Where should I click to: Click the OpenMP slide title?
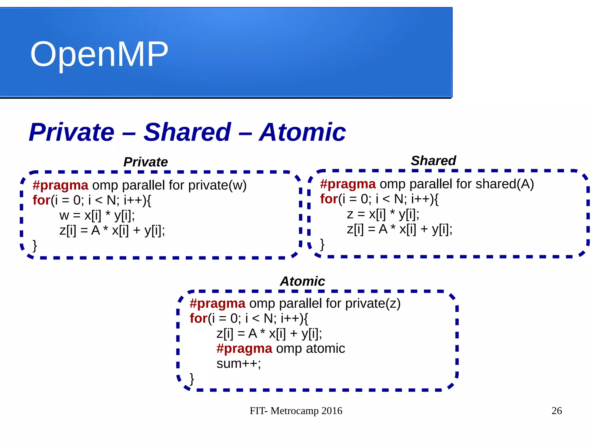[99, 54]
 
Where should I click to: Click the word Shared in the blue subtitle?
[187, 132]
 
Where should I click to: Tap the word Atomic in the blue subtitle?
[302, 132]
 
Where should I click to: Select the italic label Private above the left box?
[145, 162]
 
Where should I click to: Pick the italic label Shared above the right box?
[433, 161]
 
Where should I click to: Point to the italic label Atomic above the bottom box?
[302, 281]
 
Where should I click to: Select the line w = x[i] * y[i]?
[97, 215]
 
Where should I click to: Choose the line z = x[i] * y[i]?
[383, 214]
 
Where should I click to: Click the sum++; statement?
[238, 364]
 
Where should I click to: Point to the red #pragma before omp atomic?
[244, 349]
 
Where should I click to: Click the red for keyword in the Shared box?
[329, 199]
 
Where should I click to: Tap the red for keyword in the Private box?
[42, 200]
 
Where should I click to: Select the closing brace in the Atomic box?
[192, 379]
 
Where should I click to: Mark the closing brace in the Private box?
[35, 246]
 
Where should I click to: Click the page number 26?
[556, 411]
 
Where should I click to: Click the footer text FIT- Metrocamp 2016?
[296, 411]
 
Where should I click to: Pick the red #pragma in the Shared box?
[348, 184]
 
